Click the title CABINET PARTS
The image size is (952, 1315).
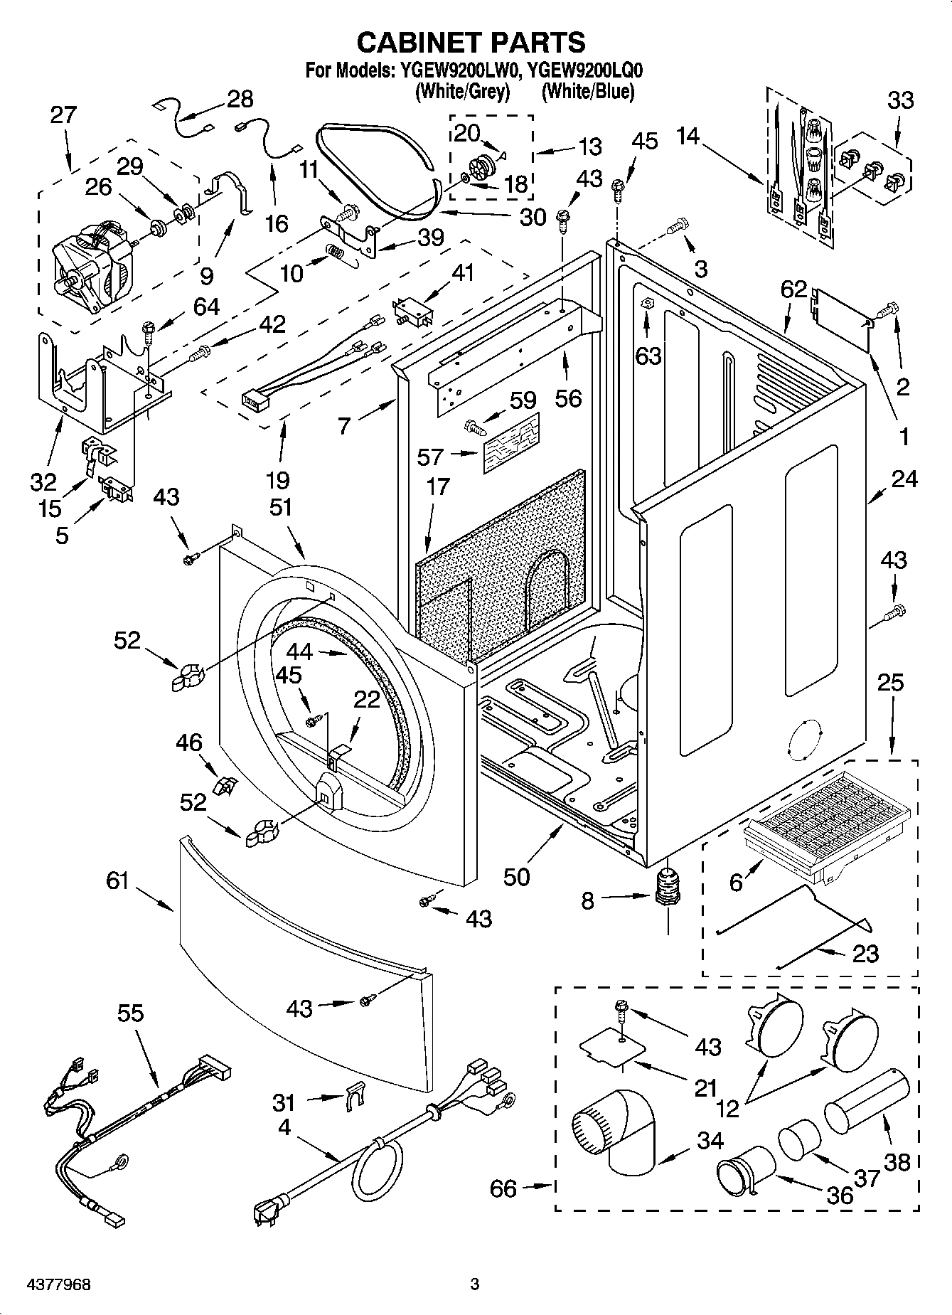471,42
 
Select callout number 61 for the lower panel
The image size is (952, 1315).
118,880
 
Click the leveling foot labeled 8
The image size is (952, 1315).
667,890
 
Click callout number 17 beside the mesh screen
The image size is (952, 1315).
438,487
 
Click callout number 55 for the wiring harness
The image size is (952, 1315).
132,1013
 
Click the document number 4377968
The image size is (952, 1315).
49,1284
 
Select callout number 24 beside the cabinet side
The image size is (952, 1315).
904,479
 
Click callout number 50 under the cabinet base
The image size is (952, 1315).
517,876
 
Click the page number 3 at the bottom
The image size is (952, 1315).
475,1284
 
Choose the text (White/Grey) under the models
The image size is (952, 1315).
462,91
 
